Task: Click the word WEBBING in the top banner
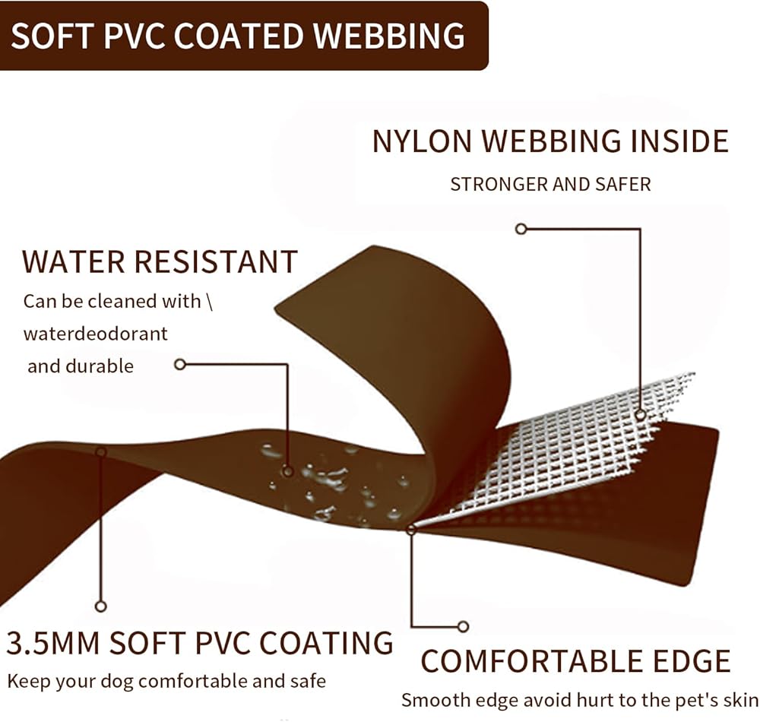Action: point(388,36)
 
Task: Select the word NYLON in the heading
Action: point(422,141)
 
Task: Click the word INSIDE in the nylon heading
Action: point(679,141)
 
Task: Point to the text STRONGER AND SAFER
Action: point(550,184)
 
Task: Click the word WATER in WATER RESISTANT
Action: point(74,261)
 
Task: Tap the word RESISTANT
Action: point(216,261)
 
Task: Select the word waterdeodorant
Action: point(96,334)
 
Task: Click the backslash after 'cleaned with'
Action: point(210,302)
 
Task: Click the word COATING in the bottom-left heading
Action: point(326,643)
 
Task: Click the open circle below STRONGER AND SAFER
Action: point(521,229)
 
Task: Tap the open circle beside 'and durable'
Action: point(180,364)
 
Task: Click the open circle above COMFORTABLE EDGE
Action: point(463,626)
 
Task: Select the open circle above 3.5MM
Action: point(101,606)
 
